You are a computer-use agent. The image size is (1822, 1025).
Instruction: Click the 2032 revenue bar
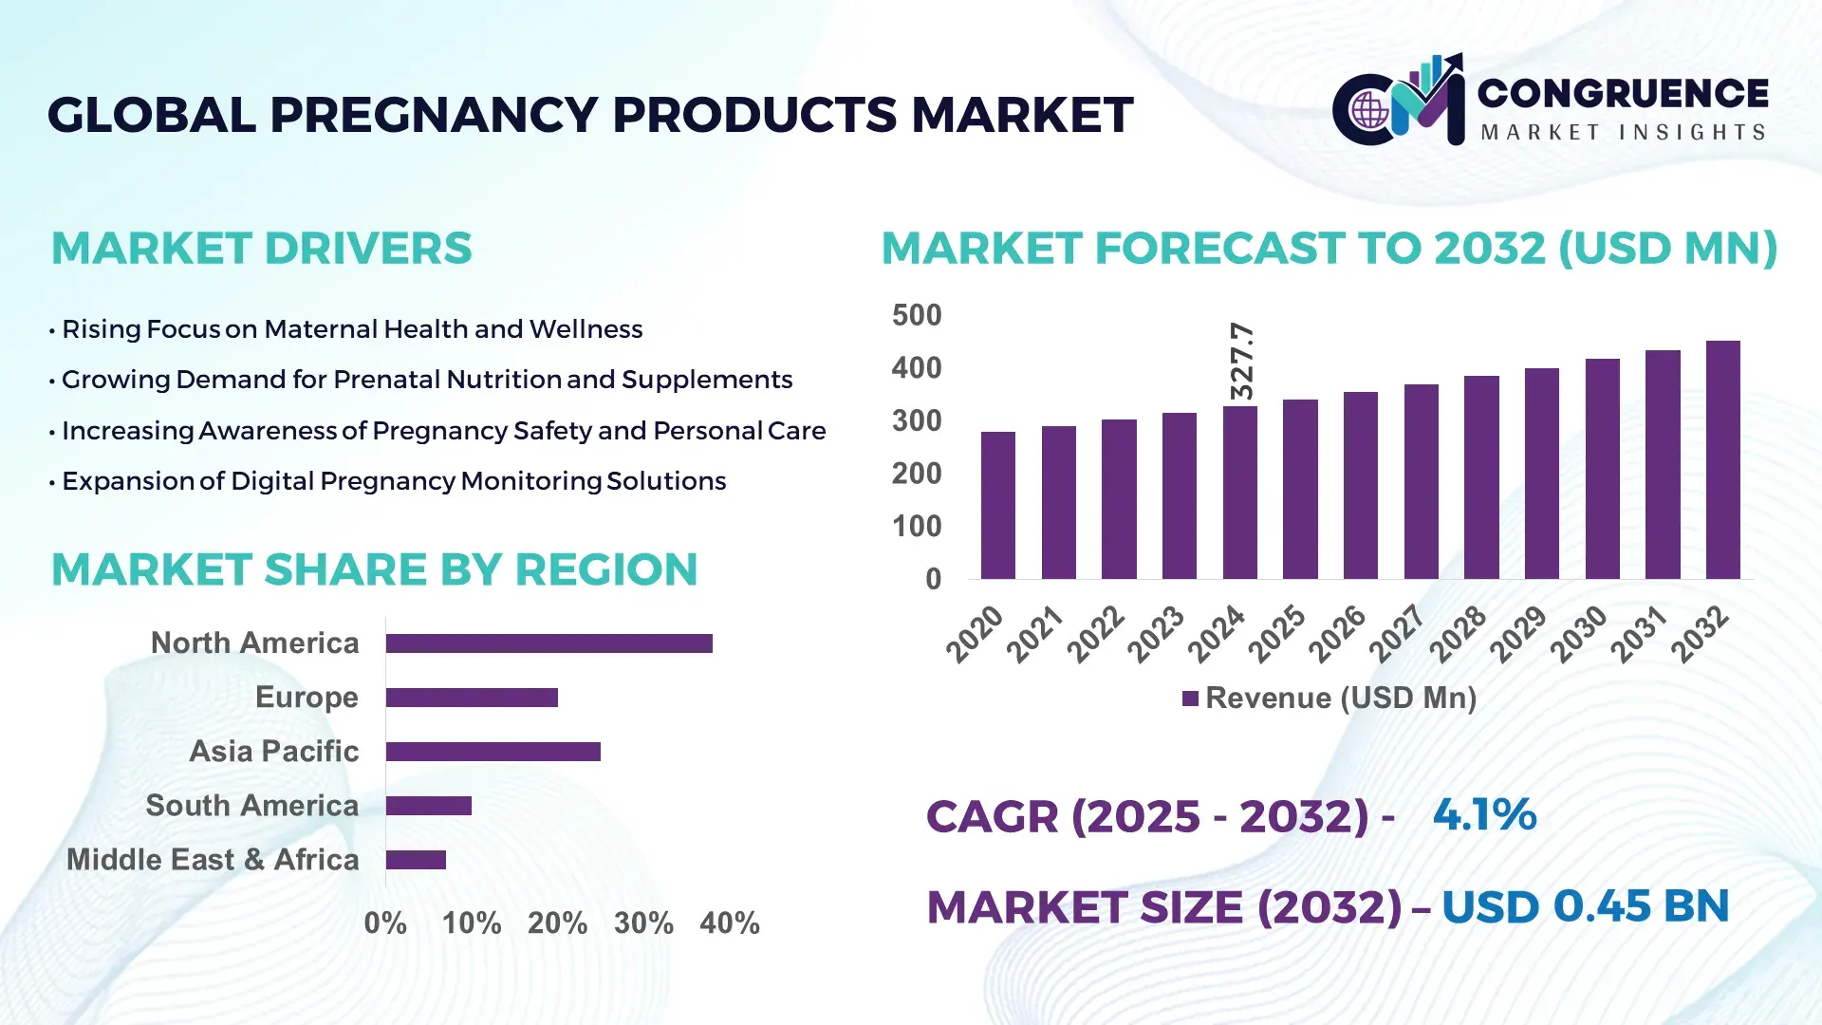point(1722,460)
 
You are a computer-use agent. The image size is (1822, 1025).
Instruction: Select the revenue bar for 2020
point(997,506)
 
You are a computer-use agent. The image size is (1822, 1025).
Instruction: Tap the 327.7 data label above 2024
point(1241,361)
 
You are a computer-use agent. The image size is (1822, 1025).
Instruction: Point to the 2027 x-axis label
point(1397,633)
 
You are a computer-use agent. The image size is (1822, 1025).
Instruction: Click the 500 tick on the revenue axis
point(916,315)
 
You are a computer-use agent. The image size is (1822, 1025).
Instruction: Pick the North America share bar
point(548,643)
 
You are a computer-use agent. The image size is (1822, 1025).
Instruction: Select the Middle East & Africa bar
point(416,860)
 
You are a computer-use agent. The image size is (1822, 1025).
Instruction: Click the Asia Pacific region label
point(273,751)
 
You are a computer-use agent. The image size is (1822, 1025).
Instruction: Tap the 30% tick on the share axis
point(643,922)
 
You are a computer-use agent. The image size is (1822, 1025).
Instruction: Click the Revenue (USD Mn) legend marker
point(1190,699)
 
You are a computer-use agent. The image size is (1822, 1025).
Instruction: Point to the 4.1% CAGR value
point(1483,814)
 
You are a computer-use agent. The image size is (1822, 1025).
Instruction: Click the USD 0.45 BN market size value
point(1585,906)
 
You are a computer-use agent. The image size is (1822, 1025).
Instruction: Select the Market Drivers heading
point(261,249)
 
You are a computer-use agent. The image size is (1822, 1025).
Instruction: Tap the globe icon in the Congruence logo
point(1369,111)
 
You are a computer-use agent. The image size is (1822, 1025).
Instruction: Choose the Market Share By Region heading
point(374,569)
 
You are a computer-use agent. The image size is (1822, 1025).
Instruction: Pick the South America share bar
point(428,806)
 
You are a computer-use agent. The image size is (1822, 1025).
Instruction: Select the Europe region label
point(307,697)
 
